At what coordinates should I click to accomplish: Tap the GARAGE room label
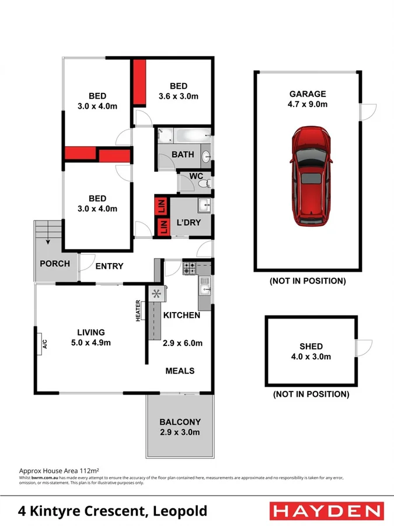tap(308, 94)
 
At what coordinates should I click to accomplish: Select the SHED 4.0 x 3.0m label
tap(310, 352)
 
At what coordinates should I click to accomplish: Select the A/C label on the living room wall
tap(44, 344)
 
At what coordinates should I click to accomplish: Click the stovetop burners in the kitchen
tap(190, 268)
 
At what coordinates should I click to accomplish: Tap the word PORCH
tap(55, 264)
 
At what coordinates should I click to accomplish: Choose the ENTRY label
tap(109, 266)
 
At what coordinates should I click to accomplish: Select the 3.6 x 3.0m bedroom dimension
tap(179, 96)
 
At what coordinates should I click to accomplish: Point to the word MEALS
tap(180, 371)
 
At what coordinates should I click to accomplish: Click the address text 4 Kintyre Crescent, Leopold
tap(106, 511)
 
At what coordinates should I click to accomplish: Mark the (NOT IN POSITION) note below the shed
tap(311, 394)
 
